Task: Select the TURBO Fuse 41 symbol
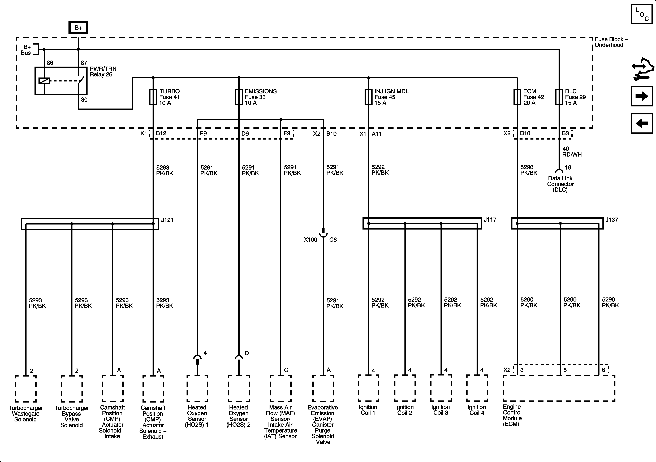pos(153,97)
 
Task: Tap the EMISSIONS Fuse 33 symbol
pos(239,97)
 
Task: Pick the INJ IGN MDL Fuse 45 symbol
pos(369,97)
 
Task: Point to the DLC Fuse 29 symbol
pos(559,97)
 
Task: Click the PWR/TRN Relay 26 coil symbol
pos(44,81)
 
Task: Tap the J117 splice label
pos(490,220)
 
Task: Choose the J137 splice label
pos(612,220)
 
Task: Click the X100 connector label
pos(310,240)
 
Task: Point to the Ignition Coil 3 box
pos(441,388)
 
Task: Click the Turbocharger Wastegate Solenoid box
pos(26,388)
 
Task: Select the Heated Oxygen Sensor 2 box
pos(239,388)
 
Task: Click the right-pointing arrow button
pos(642,96)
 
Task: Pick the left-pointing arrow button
pos(642,123)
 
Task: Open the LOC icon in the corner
pos(642,14)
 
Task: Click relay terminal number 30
pos(84,100)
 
